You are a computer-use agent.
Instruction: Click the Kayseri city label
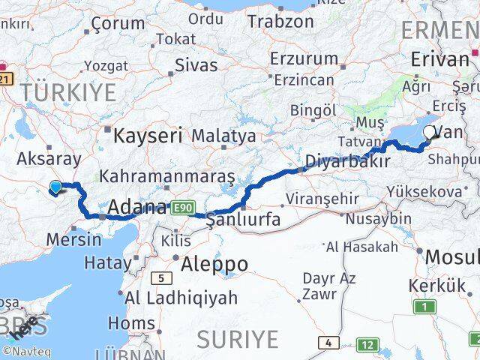coord(148,135)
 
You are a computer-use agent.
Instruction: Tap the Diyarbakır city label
coord(347,161)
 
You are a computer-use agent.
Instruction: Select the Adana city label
coord(137,206)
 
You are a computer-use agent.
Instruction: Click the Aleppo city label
coord(214,263)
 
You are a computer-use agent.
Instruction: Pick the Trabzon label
coord(280,21)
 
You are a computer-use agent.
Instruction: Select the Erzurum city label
coord(304,58)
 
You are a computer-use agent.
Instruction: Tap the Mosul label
coord(451,257)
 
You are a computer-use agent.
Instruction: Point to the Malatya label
coord(223,136)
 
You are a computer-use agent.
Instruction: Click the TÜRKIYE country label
coord(69,93)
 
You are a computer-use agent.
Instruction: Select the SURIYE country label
coord(237,339)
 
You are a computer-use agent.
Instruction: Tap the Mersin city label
coord(73,240)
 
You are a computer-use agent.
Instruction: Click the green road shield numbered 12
coord(367,345)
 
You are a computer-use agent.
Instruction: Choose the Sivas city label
coord(196,64)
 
